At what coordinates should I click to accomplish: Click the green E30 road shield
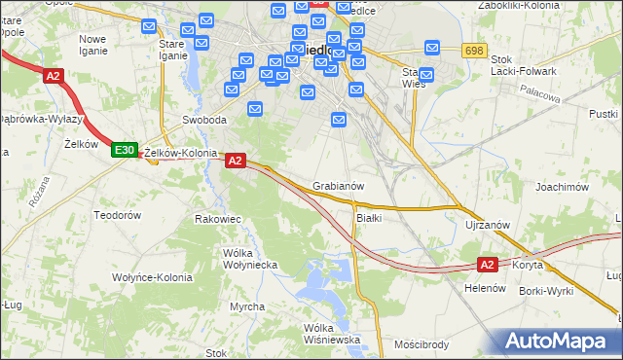pos(123,150)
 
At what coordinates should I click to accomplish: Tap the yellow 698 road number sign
pos(474,50)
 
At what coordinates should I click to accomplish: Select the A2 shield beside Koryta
pos(488,264)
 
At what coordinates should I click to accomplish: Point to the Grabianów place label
pos(339,185)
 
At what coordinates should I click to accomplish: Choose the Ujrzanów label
pos(488,225)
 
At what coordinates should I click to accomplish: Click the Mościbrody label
pos(421,344)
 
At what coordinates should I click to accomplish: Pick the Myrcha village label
pos(247,306)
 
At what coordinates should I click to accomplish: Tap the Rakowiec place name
pos(218,219)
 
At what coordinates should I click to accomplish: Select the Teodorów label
pos(117,214)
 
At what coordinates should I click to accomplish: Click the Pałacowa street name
pos(544,97)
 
